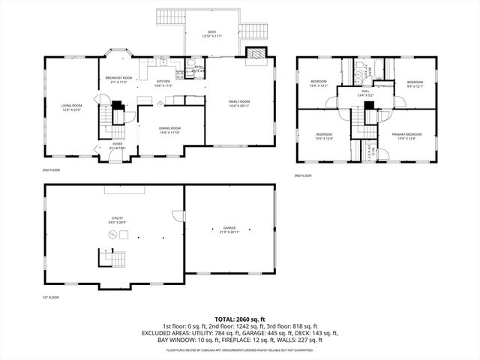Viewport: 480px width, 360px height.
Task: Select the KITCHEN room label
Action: click(x=163, y=82)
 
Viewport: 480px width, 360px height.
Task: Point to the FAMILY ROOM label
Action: click(x=239, y=103)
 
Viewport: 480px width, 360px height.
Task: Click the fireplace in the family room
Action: click(x=256, y=55)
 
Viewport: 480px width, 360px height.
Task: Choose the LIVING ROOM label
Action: click(x=72, y=108)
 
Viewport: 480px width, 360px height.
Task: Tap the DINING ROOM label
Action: click(x=169, y=130)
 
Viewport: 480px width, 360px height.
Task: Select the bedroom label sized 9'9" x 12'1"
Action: click(x=415, y=84)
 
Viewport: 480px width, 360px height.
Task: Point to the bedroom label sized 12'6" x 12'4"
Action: click(x=324, y=136)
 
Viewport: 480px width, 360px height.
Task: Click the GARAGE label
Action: click(x=229, y=229)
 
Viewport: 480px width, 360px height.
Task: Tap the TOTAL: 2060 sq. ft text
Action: click(x=240, y=319)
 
